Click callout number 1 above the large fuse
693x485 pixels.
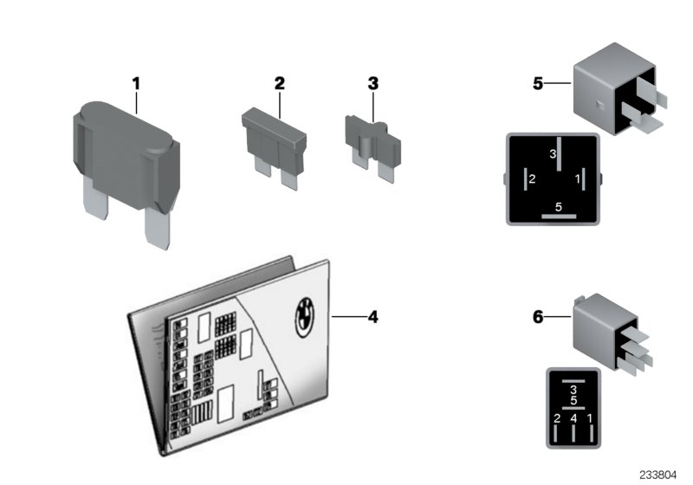coord(135,83)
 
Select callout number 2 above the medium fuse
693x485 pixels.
coord(279,83)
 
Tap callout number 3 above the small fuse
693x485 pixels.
coord(373,83)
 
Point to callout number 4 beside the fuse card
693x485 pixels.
coord(372,317)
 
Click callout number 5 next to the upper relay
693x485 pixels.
coord(538,84)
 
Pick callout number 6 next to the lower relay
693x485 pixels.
coord(538,318)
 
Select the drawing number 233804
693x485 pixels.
coord(661,474)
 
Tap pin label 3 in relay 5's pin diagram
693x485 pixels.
coord(552,154)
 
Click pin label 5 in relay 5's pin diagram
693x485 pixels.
coord(558,206)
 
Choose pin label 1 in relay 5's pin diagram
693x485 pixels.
coord(578,179)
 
